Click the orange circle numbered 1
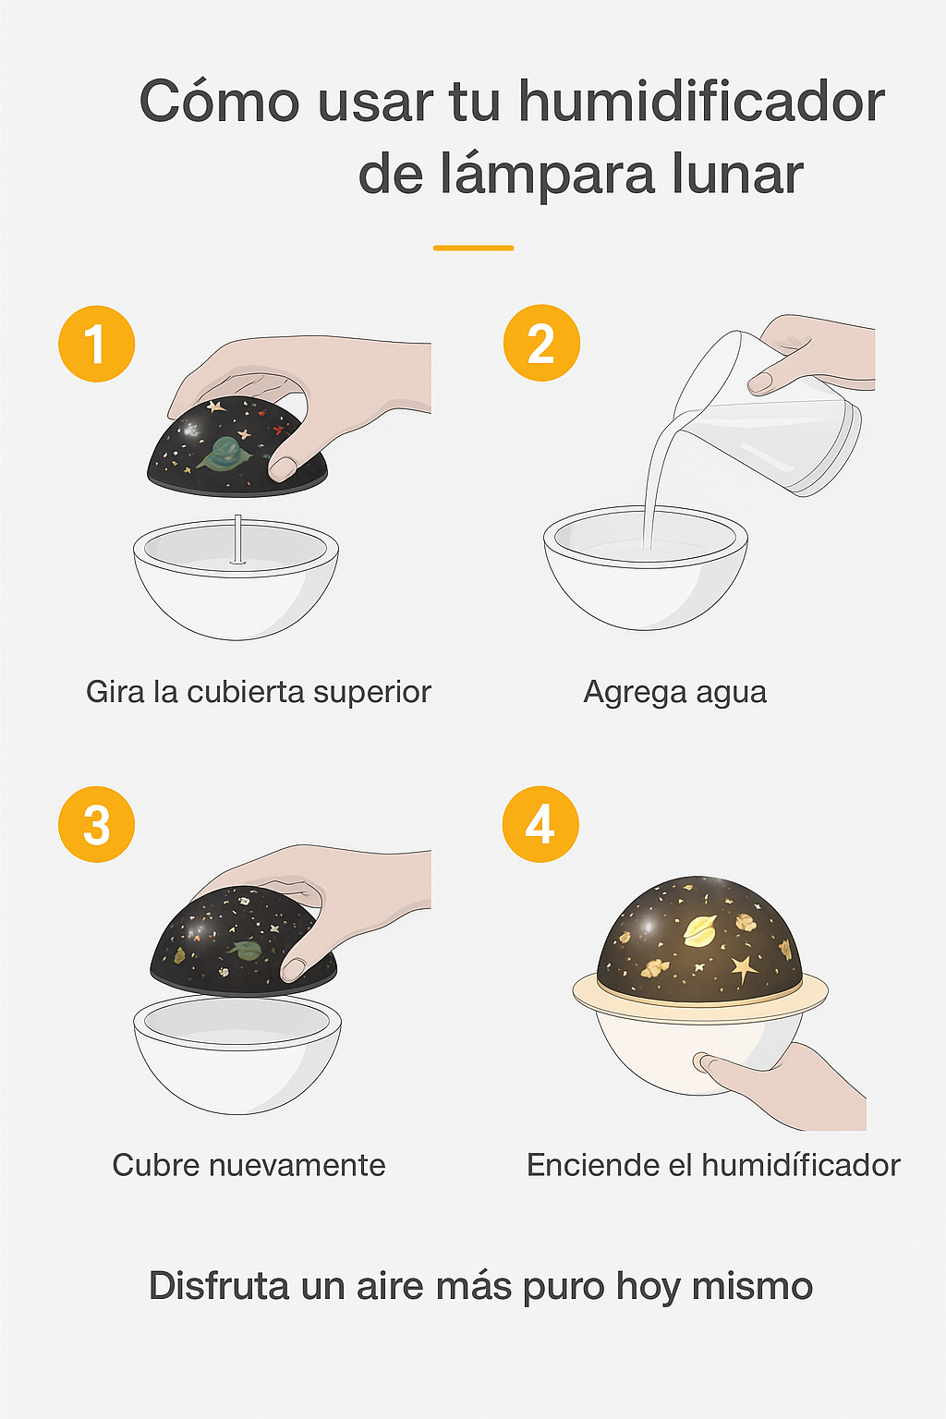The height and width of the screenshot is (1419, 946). click(96, 344)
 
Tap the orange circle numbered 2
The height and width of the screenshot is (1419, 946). click(541, 343)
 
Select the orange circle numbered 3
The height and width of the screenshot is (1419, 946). click(96, 824)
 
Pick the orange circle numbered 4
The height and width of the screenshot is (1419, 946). click(540, 824)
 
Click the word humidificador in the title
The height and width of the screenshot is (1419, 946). click(701, 102)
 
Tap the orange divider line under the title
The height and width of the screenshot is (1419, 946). click(473, 248)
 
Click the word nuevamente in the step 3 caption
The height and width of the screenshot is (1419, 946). click(297, 1165)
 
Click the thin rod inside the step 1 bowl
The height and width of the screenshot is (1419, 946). click(237, 539)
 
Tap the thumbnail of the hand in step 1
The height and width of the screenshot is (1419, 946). click(282, 468)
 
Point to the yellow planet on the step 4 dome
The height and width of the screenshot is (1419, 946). click(700, 930)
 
